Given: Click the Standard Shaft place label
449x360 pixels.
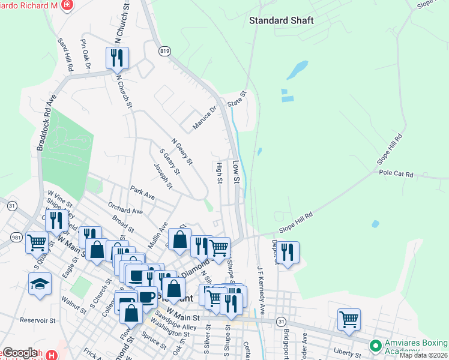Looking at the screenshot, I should (x=282, y=20).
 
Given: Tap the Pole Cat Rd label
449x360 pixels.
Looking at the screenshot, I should (x=396, y=174).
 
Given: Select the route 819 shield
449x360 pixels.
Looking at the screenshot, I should (x=164, y=52).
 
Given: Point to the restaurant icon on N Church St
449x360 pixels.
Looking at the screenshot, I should (x=116, y=58).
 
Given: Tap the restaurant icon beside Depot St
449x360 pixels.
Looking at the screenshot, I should (x=288, y=252).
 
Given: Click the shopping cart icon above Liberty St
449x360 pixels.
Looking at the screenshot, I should (x=349, y=319).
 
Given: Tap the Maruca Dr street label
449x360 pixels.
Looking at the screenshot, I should (x=204, y=118).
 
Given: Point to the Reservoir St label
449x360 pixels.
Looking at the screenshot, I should (x=38, y=320).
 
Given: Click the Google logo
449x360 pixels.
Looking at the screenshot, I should (x=20, y=353).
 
